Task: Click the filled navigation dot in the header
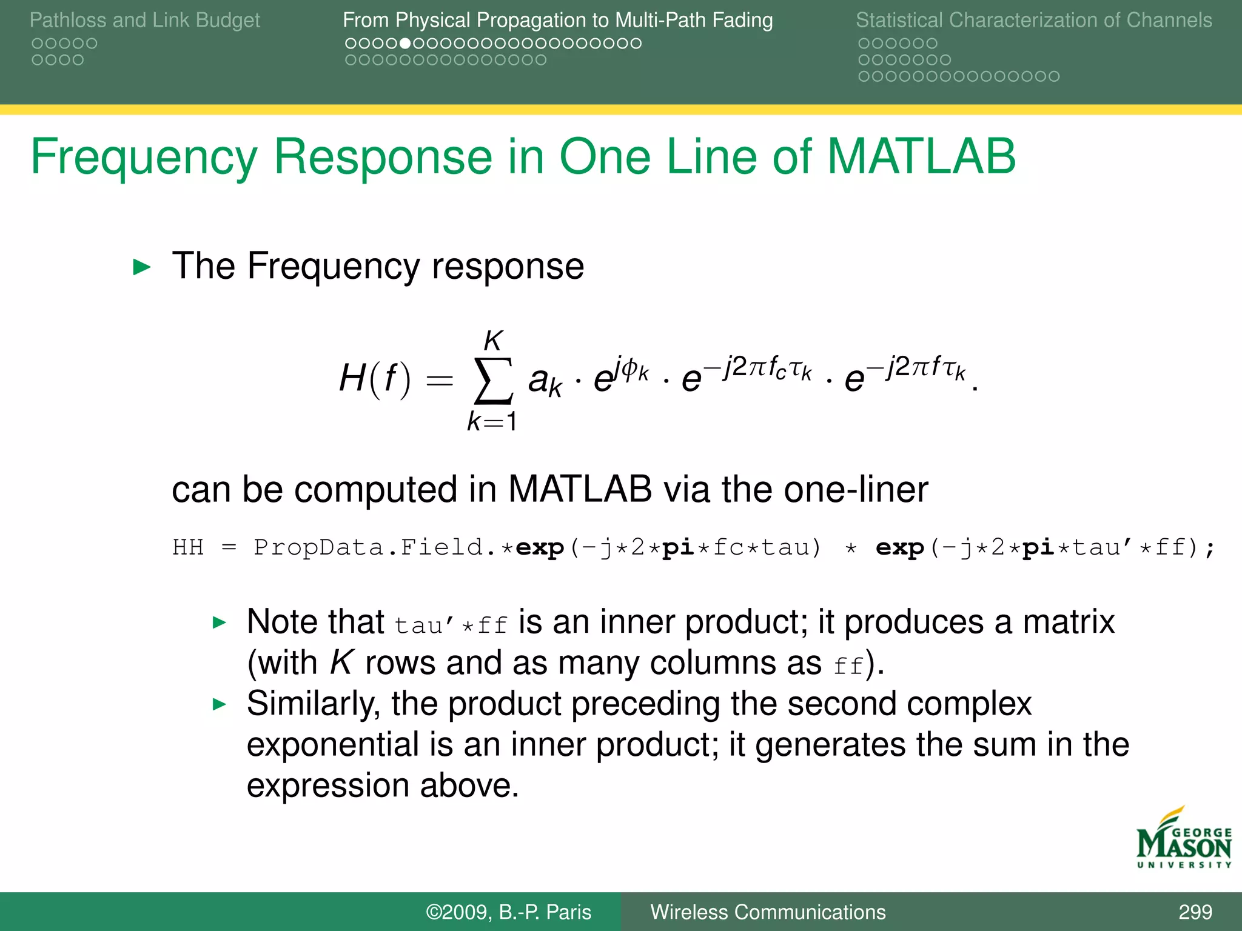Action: point(404,44)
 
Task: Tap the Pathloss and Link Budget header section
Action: point(144,20)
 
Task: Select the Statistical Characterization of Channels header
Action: point(1033,20)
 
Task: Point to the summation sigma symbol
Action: point(493,381)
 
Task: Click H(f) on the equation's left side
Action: point(375,379)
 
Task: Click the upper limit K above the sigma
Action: point(493,341)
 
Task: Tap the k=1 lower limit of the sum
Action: point(492,421)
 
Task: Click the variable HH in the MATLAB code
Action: point(188,547)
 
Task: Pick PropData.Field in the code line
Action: point(368,547)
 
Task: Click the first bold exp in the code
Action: point(539,547)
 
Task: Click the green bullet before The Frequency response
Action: point(141,267)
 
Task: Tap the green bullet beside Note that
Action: point(220,622)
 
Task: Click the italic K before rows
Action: point(341,662)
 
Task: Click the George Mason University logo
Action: point(1183,839)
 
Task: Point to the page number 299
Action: point(1195,912)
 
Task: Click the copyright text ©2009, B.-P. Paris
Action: point(508,912)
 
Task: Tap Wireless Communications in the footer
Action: point(768,912)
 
